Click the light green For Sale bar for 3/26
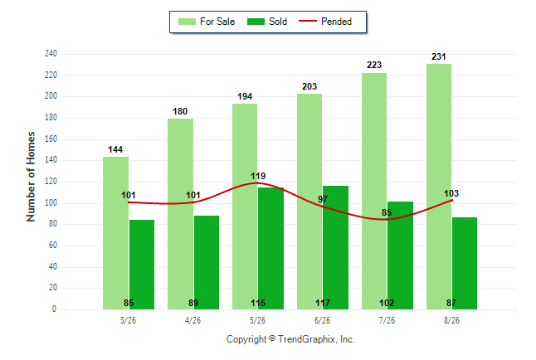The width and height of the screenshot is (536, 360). pos(115,233)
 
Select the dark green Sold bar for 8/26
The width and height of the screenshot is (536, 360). pos(465,263)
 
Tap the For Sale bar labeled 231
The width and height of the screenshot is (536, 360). pos(439,187)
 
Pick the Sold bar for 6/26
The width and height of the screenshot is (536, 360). pos(335,247)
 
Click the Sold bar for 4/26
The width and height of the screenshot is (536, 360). pos(207,263)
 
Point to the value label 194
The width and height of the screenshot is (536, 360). pos(245,97)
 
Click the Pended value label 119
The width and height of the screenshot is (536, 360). pos(258,176)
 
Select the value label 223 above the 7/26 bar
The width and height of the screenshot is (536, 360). pos(374,65)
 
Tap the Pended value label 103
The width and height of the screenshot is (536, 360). pos(451,193)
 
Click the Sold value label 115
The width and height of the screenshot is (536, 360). pos(258,303)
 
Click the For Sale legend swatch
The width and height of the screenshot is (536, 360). pos(187,22)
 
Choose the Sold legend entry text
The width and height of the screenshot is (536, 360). pos(278,22)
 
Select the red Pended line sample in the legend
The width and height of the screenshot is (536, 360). pos(308,21)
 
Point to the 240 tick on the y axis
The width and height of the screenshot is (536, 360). pos(51,54)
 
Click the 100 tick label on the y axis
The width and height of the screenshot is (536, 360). pos(51,202)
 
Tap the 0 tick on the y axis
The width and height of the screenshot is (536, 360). pos(54,309)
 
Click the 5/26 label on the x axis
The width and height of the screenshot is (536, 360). pos(257,320)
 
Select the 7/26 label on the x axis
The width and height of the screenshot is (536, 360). pos(387,320)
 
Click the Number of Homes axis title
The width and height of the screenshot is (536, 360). pos(31,177)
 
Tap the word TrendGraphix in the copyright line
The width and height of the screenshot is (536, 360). pos(307,339)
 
